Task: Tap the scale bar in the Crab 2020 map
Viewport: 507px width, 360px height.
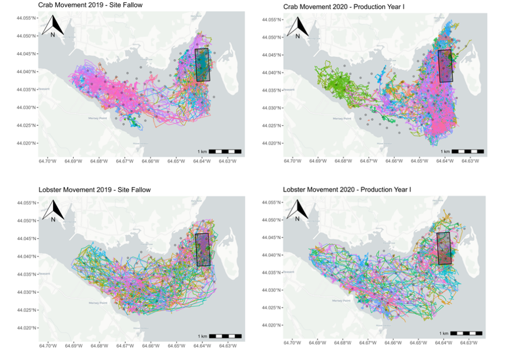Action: (x=467, y=151)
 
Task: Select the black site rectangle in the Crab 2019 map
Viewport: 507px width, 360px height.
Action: (x=203, y=64)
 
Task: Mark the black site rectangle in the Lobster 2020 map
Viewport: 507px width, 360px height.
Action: (x=444, y=248)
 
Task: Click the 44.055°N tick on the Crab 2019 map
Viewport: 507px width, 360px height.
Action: (x=27, y=18)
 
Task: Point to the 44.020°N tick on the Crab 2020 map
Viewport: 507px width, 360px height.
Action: (x=272, y=143)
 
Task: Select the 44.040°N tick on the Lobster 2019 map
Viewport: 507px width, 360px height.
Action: (x=27, y=256)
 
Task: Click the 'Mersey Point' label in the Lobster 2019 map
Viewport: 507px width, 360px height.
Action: (x=98, y=303)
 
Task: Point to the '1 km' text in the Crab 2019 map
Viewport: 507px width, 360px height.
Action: (x=202, y=151)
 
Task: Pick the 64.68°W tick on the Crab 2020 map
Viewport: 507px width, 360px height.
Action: (x=342, y=161)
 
